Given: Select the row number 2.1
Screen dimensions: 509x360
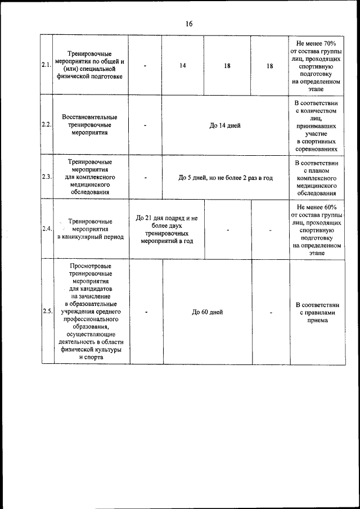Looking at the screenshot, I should pyautogui.click(x=47, y=66).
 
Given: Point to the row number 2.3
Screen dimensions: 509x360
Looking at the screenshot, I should pyautogui.click(x=47, y=177).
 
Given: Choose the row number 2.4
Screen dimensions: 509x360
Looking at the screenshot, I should pyautogui.click(x=47, y=229).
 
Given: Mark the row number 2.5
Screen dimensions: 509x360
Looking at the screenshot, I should pyautogui.click(x=47, y=312).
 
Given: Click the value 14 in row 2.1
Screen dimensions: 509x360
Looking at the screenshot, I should pyautogui.click(x=183, y=66).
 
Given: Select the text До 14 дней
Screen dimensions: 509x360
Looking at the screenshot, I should pyautogui.click(x=225, y=125).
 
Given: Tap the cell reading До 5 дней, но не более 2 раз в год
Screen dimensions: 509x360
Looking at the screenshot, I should pyautogui.click(x=225, y=177).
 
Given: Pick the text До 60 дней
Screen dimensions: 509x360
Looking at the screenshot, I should pyautogui.click(x=208, y=312).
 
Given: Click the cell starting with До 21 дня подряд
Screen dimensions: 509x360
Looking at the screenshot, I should pyautogui.click(x=166, y=229).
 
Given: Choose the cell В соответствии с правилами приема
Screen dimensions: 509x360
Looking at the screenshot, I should pyautogui.click(x=316, y=312).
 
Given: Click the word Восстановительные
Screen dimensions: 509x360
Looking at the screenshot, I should pyautogui.click(x=90, y=116).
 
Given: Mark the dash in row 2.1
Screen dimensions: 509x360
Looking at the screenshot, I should pyautogui.click(x=145, y=66).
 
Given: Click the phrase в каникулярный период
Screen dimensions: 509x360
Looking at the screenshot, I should pyautogui.click(x=90, y=237).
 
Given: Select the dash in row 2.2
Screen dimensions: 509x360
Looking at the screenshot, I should pyautogui.click(x=145, y=125).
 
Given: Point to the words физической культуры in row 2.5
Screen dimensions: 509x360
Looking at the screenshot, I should pyautogui.click(x=90, y=349).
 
